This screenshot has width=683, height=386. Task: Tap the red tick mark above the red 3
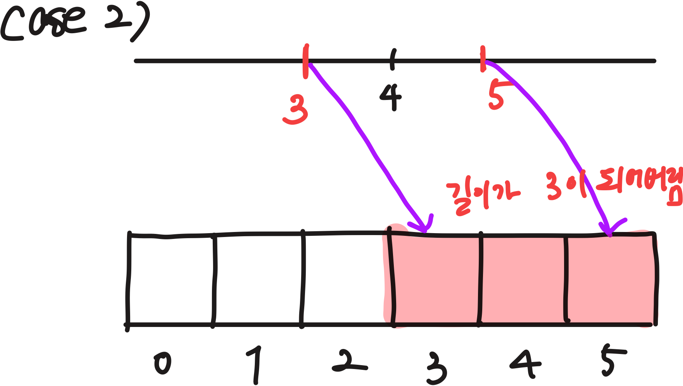306,61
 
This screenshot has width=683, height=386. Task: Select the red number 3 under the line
296,110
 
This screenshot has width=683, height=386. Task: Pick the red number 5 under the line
496,96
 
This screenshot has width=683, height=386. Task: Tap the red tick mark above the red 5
482,59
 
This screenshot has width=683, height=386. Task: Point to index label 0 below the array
163,364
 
